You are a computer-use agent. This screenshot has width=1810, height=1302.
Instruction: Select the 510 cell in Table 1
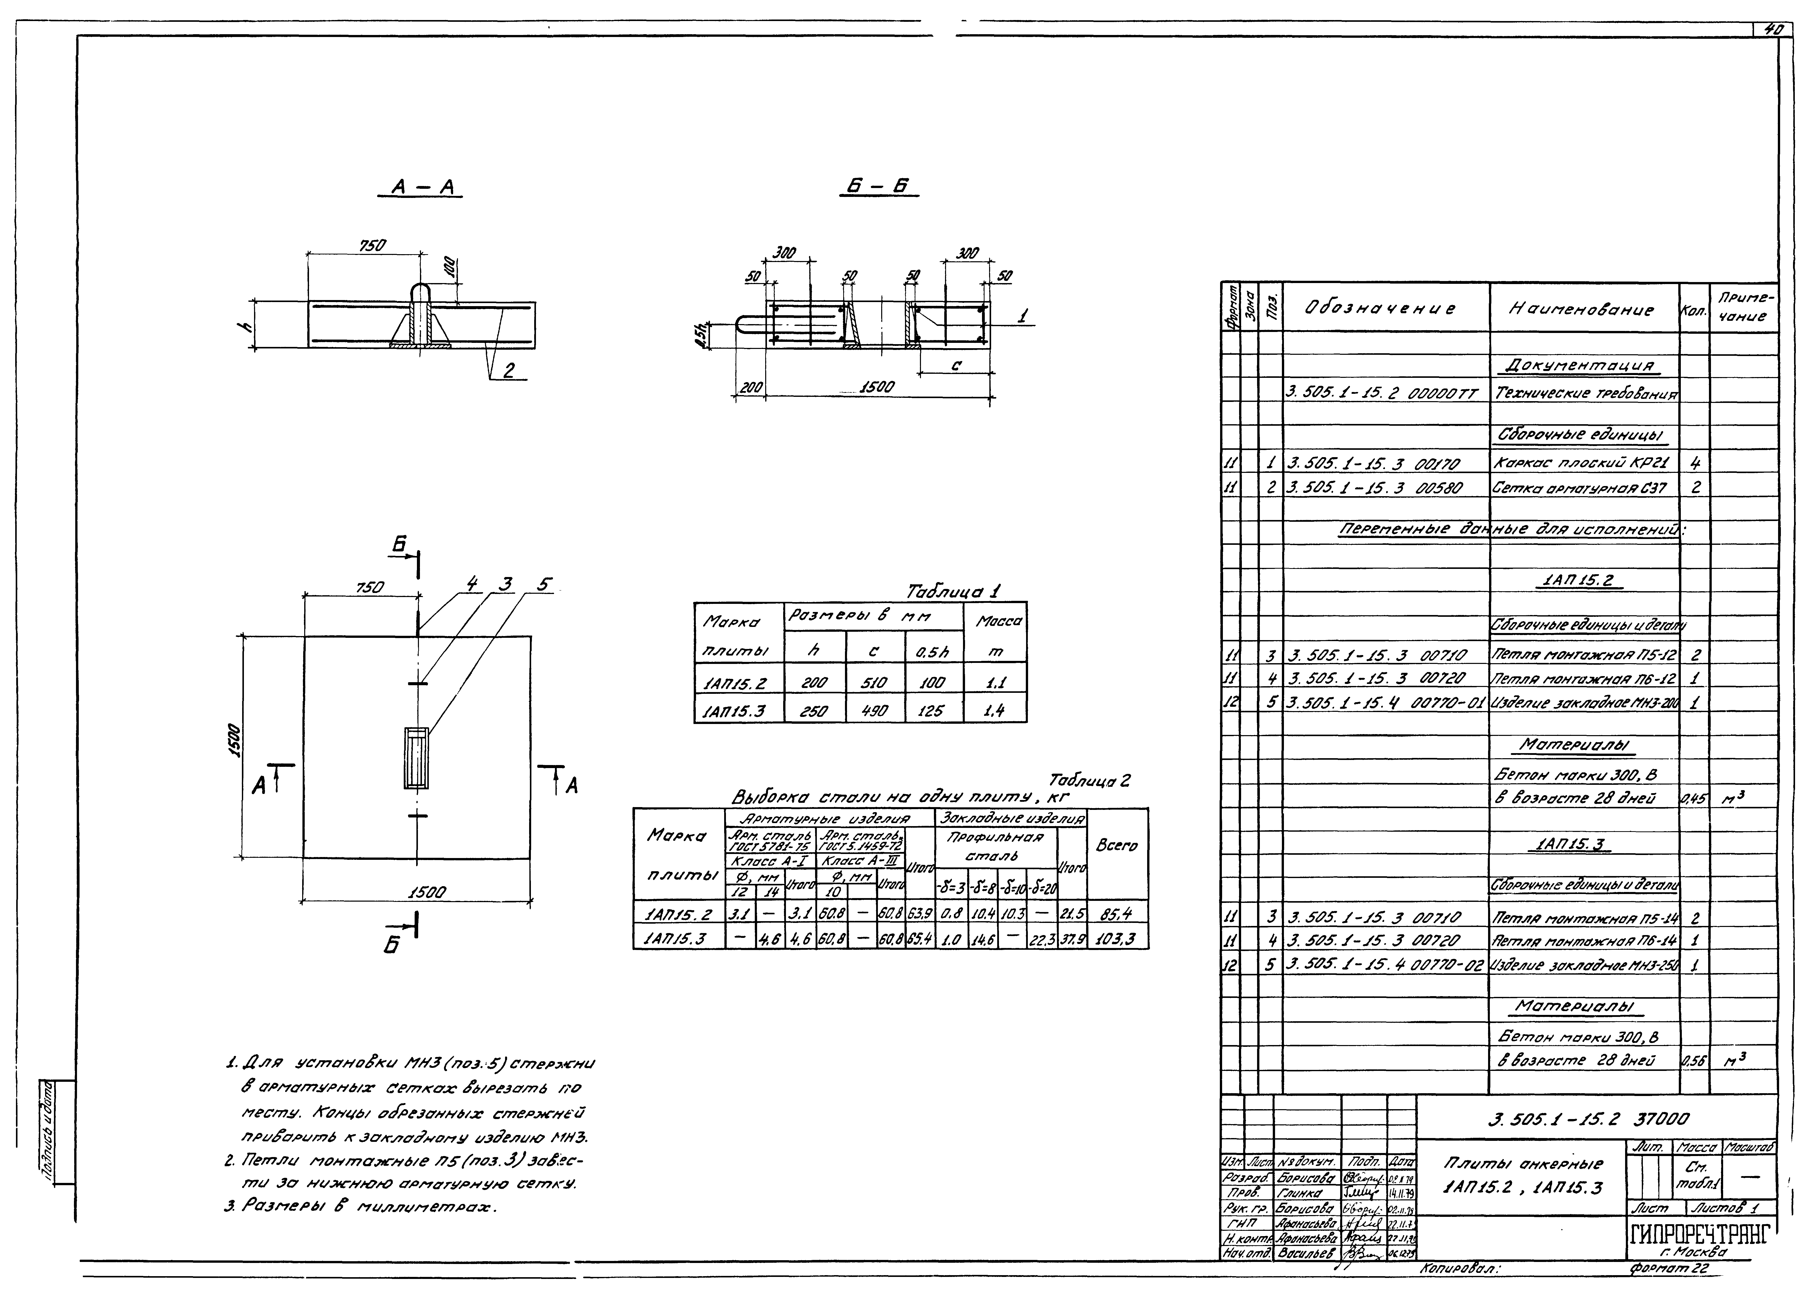[875, 682]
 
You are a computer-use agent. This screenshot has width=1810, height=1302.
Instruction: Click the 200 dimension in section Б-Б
[750, 388]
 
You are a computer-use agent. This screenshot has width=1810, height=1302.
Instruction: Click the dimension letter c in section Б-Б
[956, 365]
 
